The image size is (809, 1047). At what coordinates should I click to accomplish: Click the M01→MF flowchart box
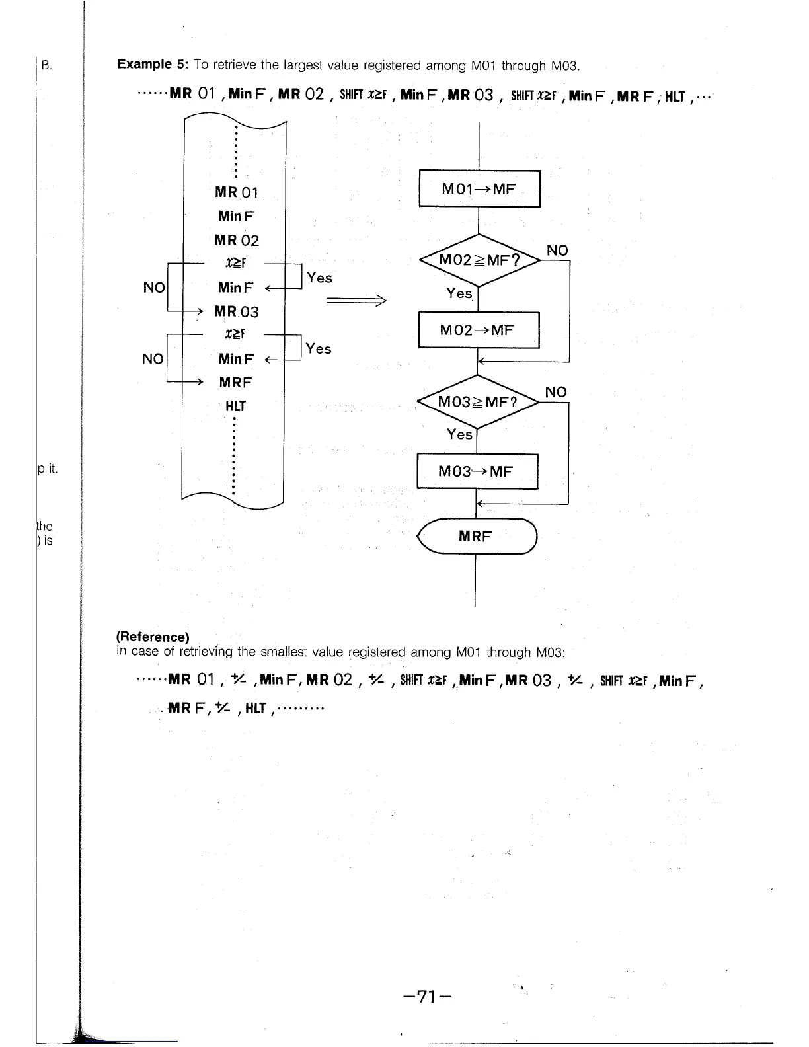(x=479, y=189)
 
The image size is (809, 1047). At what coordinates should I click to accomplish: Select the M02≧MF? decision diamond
(x=479, y=260)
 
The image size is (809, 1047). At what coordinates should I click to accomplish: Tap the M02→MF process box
(x=479, y=330)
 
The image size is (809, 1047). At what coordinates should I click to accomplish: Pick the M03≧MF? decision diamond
(x=477, y=401)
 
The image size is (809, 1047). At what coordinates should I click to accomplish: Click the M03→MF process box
(x=477, y=471)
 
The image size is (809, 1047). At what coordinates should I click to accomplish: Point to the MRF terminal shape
(x=477, y=536)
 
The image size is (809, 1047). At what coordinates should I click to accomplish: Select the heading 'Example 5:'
(x=153, y=65)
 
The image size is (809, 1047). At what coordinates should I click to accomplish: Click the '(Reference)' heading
(x=153, y=637)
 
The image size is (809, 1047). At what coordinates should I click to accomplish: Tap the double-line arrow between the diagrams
(x=356, y=301)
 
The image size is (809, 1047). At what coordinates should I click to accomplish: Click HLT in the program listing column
(x=235, y=406)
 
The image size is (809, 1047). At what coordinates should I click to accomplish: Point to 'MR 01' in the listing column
(x=237, y=192)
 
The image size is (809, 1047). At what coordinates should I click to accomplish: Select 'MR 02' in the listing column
(x=237, y=240)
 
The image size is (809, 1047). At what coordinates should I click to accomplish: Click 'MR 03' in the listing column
(x=237, y=311)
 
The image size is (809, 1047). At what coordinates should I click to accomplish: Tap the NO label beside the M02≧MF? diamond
(x=557, y=251)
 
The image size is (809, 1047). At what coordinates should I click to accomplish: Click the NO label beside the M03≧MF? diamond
(x=556, y=392)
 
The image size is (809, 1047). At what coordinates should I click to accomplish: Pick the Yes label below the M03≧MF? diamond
(x=459, y=434)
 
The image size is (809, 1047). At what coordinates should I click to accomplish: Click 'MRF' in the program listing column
(x=236, y=383)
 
